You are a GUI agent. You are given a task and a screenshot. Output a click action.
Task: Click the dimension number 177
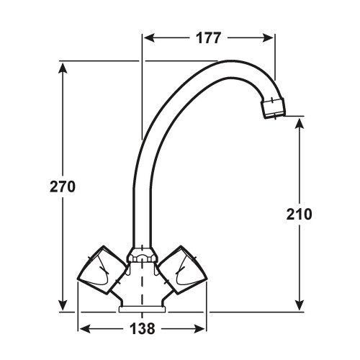[x=208, y=38]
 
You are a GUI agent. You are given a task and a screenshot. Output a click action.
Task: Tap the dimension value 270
[x=63, y=186]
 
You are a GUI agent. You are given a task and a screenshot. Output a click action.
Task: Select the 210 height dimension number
[x=299, y=214]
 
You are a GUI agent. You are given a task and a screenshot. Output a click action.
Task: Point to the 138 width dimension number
[x=143, y=328]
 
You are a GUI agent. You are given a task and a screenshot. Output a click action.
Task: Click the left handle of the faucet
[x=102, y=270]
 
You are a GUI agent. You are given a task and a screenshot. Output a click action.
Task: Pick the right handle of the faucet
[x=183, y=270]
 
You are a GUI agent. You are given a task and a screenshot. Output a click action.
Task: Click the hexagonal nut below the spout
[x=142, y=255]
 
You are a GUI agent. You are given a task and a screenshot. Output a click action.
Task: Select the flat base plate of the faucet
[x=143, y=310]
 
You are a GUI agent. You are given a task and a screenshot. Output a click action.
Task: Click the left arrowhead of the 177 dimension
[x=149, y=38]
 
